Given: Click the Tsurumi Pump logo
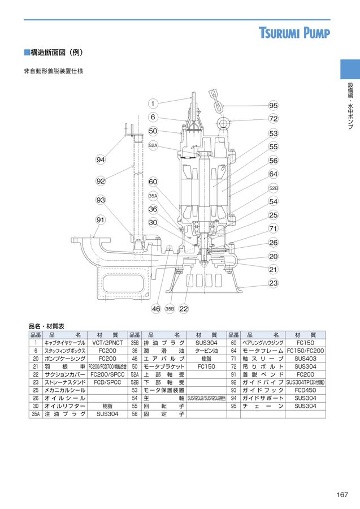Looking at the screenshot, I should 294,33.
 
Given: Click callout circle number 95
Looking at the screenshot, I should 274,106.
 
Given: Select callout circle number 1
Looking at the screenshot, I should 153,103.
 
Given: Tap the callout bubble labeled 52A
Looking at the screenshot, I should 153,145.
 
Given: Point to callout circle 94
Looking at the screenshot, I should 101,161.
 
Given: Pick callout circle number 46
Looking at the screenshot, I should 156,309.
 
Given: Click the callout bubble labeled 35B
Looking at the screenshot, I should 170,309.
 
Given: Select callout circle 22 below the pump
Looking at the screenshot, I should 183,309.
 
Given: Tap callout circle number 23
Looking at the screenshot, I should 274,282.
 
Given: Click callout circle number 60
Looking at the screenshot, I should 153,182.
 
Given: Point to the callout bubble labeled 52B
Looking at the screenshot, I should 274,188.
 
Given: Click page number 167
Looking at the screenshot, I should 341,495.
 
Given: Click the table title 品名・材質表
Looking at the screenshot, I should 46,326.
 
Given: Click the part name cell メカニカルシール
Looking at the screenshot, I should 65,390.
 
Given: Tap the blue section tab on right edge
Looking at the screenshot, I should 349,70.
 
